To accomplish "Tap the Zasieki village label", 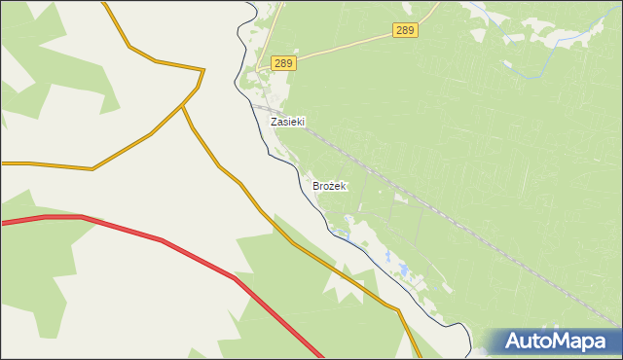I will pos(287,123).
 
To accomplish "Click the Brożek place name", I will pos(329,185).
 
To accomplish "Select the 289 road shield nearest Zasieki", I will pos(283,63).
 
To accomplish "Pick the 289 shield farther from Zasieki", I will pos(406,31).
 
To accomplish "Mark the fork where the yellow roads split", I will pos(183,108).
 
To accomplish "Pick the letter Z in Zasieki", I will pos(275,123).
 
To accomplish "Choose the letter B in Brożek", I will pos(316,185).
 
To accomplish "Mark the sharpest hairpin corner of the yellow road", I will pos(202,70).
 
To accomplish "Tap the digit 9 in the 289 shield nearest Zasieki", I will pos(289,63).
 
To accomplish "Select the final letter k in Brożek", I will pos(344,185).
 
